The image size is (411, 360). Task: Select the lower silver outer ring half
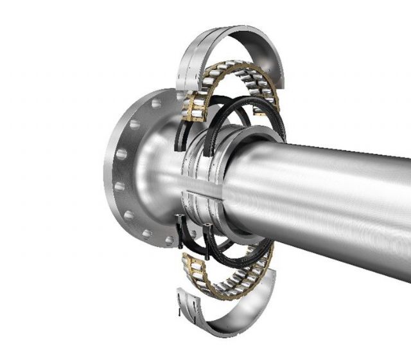point(225,321)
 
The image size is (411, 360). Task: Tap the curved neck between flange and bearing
point(157,174)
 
